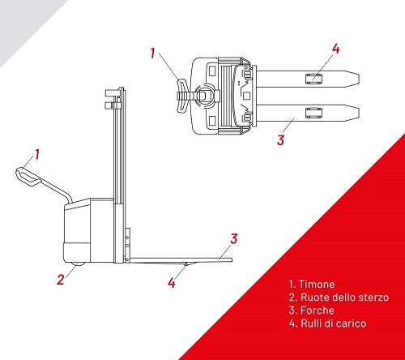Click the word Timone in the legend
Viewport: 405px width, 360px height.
(x=317, y=285)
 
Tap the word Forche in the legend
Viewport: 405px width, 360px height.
(x=318, y=311)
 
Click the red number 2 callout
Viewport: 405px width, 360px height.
(x=61, y=279)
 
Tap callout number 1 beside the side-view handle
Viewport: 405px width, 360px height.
(x=37, y=154)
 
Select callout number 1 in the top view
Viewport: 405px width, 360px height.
(x=152, y=54)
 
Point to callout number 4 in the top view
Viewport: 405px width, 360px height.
(x=335, y=49)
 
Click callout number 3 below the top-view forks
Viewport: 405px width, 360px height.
(x=281, y=140)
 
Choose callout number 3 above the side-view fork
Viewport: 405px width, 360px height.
(x=234, y=239)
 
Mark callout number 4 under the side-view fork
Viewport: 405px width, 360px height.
(x=172, y=282)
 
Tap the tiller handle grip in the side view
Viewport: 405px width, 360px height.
(x=27, y=177)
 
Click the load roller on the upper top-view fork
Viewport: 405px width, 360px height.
(x=313, y=79)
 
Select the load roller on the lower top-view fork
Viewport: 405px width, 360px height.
(x=313, y=113)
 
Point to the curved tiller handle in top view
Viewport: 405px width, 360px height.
(x=182, y=95)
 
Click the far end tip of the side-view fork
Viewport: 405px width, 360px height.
(x=232, y=259)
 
